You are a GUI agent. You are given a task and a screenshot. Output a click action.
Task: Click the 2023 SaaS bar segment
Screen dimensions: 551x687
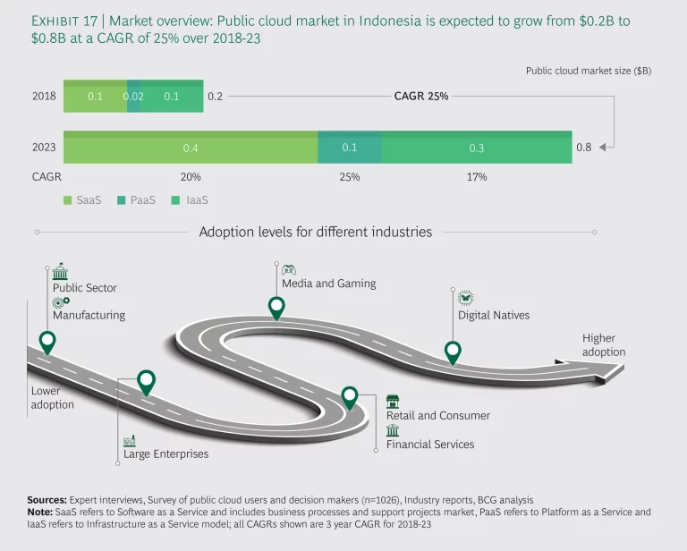(x=191, y=148)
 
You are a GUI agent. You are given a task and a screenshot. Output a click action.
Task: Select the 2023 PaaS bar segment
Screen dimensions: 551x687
(x=349, y=148)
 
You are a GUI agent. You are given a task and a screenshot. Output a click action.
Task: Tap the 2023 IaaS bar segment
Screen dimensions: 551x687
(x=476, y=148)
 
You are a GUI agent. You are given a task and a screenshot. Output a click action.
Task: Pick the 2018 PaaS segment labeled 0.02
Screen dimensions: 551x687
(x=133, y=96)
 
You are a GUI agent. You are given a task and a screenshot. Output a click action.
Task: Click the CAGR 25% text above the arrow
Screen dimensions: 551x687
(x=421, y=96)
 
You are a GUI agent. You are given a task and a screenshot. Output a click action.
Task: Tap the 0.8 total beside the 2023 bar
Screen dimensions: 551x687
(x=582, y=148)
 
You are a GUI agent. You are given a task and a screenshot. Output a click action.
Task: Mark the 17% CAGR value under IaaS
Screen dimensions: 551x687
(x=476, y=177)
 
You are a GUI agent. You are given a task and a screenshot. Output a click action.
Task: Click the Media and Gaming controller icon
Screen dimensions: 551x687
(x=289, y=268)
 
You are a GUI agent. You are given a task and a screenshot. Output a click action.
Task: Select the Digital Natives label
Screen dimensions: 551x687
(x=494, y=315)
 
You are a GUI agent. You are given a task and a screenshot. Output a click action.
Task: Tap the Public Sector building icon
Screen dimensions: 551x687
(x=60, y=273)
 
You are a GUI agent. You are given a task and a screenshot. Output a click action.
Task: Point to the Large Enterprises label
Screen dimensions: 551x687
(x=165, y=454)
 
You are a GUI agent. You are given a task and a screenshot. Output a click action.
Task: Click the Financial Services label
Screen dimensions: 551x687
(x=430, y=444)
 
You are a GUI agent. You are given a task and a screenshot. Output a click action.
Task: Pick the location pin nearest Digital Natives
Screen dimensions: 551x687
(x=453, y=352)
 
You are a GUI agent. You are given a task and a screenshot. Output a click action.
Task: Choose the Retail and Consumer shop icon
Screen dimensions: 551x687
(x=393, y=401)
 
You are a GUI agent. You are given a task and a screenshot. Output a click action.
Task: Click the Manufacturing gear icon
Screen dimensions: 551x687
(x=60, y=302)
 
